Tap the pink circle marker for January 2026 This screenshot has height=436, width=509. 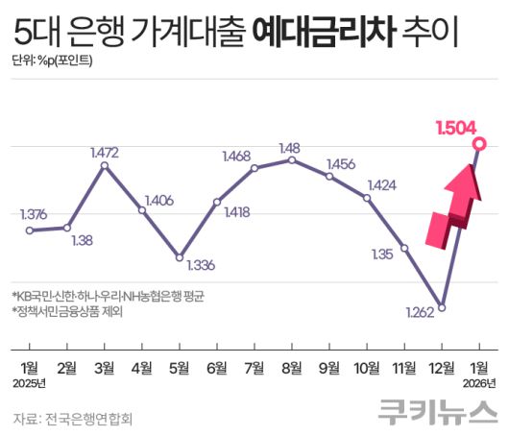point(480,145)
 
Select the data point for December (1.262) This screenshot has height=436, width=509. point(442,307)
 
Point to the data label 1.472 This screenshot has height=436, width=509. point(103,152)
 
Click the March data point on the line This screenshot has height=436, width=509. point(105,166)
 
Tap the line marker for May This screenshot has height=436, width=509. point(180,257)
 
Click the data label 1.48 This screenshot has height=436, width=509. point(290,147)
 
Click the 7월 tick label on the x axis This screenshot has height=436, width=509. point(254,367)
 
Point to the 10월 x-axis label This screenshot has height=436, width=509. point(367,367)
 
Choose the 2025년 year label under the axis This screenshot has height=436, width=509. point(32,383)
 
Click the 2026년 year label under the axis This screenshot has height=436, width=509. point(478,383)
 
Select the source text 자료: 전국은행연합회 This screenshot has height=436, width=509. point(72,417)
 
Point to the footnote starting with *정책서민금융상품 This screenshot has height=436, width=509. point(66,311)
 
